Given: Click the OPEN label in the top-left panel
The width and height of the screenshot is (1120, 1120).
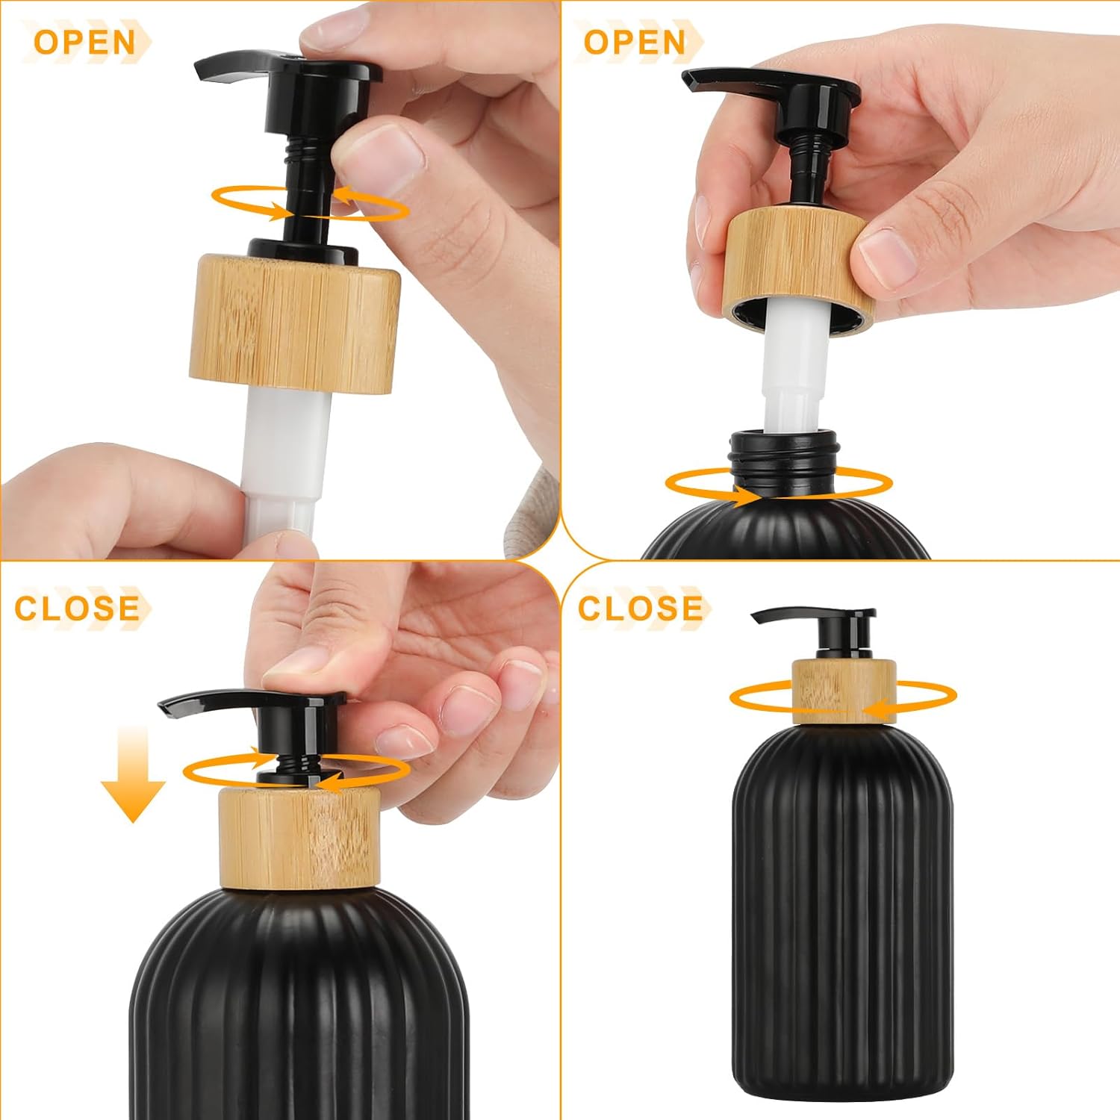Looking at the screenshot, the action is point(84,42).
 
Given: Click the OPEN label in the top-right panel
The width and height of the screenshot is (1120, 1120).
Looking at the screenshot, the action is point(634,42).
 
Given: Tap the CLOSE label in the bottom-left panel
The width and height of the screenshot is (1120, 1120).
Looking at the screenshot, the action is point(77,609).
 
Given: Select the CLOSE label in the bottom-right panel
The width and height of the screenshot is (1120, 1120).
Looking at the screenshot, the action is point(640,609).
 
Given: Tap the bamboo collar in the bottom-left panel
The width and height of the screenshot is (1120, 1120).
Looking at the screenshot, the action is point(299,839).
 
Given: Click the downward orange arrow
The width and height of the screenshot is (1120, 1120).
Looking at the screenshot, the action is point(133,773).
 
